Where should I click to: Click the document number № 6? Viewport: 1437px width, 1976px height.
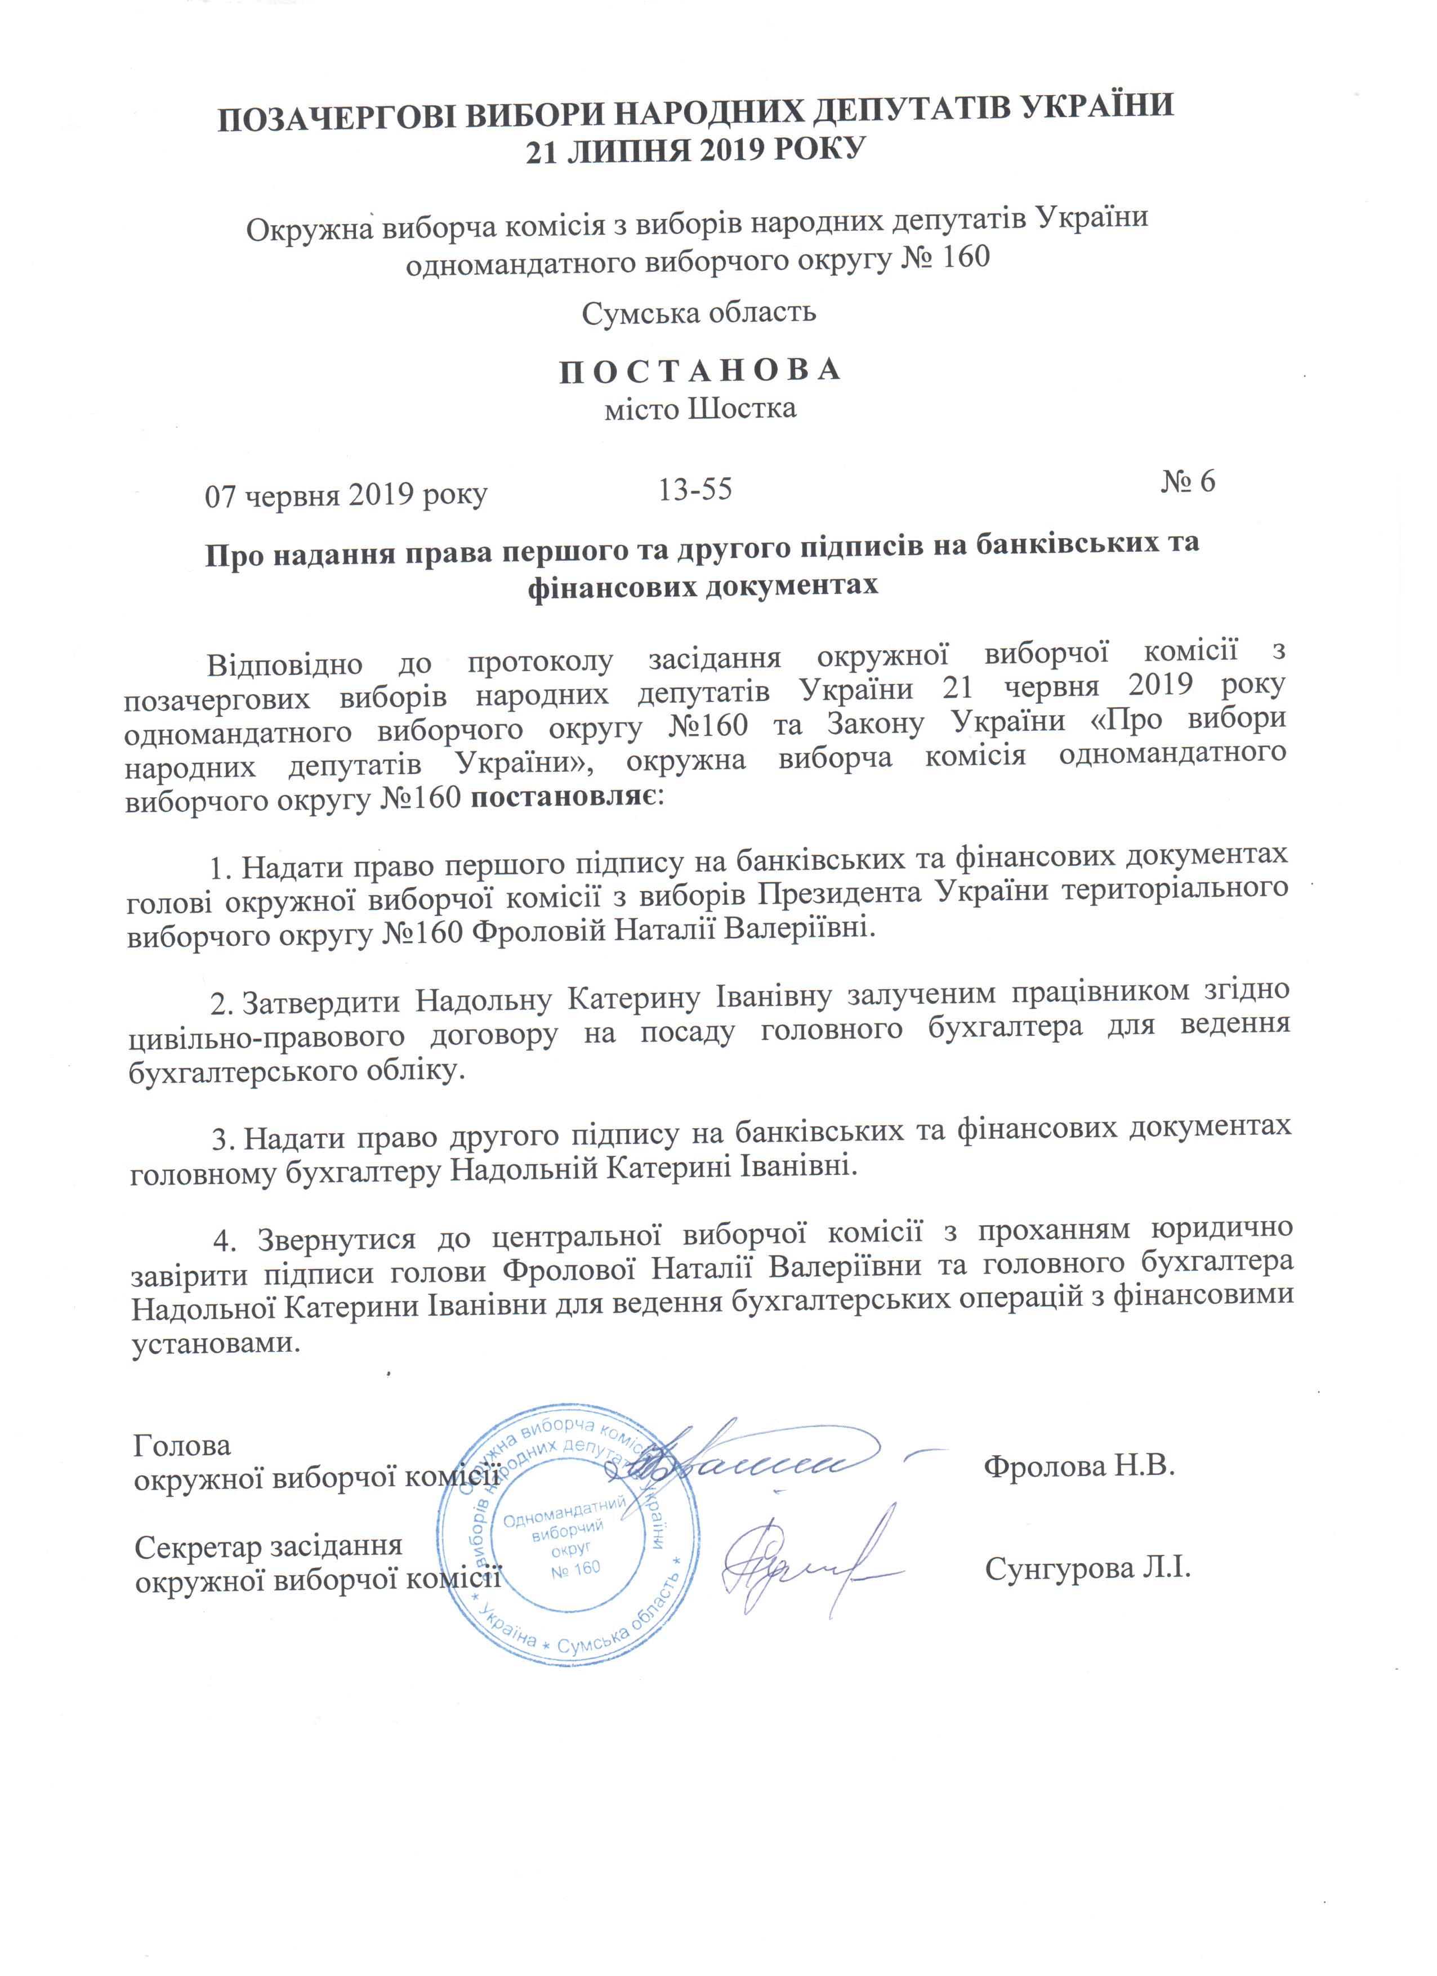coord(1187,482)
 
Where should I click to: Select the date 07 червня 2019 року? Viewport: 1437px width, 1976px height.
coord(345,495)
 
